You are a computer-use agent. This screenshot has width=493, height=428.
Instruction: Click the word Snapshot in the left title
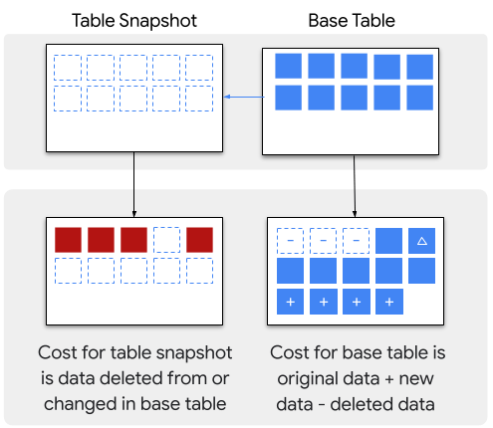click(x=158, y=21)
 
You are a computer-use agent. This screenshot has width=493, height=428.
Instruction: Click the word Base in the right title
click(x=329, y=21)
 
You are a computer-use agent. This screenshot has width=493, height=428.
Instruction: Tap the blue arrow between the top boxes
click(x=244, y=97)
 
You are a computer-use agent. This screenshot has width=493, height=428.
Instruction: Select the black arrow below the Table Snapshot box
click(x=134, y=184)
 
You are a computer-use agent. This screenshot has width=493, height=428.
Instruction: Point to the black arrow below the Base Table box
click(x=355, y=186)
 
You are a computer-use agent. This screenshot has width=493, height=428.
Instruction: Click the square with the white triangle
click(x=421, y=241)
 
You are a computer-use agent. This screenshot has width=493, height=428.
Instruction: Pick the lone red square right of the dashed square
click(x=199, y=240)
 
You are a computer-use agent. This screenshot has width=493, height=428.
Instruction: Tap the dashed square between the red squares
click(x=166, y=240)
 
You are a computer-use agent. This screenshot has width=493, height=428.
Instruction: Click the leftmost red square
click(x=68, y=240)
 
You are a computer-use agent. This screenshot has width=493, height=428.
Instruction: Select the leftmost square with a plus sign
click(x=290, y=302)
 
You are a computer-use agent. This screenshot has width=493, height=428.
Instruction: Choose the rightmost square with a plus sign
click(x=389, y=302)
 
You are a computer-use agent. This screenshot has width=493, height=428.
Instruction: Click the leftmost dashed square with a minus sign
click(x=290, y=241)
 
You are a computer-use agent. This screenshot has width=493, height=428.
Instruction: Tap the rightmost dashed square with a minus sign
click(x=356, y=241)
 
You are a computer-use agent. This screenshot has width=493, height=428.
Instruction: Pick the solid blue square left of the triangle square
click(x=388, y=241)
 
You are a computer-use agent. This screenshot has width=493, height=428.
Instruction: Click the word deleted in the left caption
click(x=130, y=378)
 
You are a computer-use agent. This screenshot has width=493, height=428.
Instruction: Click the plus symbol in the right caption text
click(x=389, y=379)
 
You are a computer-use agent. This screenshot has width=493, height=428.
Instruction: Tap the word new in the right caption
click(x=416, y=379)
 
